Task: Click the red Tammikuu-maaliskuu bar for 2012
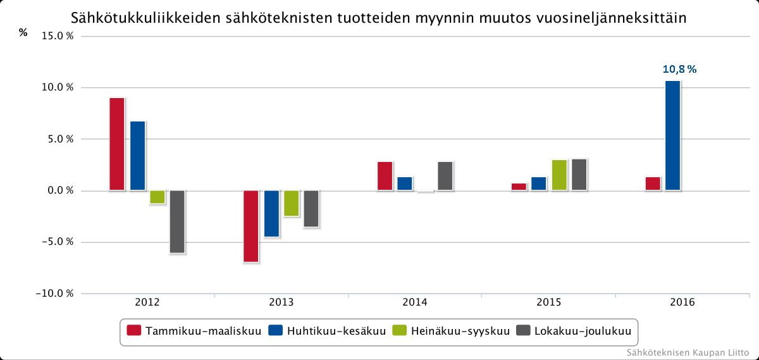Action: pyautogui.click(x=117, y=144)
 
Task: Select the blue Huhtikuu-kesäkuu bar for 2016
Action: pyautogui.click(x=672, y=135)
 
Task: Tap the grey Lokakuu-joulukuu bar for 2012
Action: pyautogui.click(x=177, y=221)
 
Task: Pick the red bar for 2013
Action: pyautogui.click(x=251, y=226)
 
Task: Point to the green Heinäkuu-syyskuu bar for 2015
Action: pyautogui.click(x=559, y=175)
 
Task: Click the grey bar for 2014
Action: pyautogui.click(x=445, y=176)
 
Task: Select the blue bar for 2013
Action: pyautogui.click(x=271, y=213)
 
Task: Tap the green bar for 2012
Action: pyautogui.click(x=157, y=197)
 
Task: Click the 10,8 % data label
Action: pyautogui.click(x=679, y=70)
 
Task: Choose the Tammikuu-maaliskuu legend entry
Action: pyautogui.click(x=194, y=330)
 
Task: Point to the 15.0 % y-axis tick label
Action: pyautogui.click(x=58, y=36)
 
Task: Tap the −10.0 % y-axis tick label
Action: pyautogui.click(x=56, y=294)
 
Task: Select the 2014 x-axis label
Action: pyautogui.click(x=415, y=302)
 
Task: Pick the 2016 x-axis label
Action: pyautogui.click(x=682, y=302)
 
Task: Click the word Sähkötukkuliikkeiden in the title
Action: pyautogui.click(x=144, y=17)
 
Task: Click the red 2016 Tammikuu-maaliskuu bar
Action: pyautogui.click(x=653, y=183)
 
